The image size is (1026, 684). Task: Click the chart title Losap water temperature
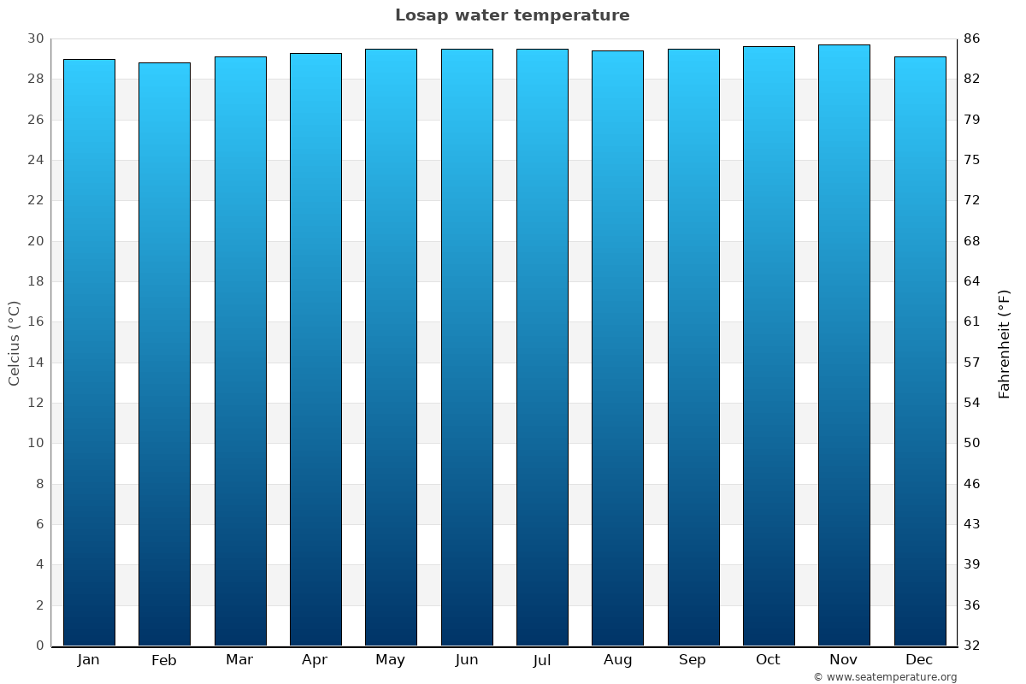click(x=512, y=15)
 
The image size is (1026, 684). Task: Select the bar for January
click(x=89, y=352)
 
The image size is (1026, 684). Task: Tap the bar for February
click(x=164, y=354)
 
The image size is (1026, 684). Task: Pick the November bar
click(x=844, y=345)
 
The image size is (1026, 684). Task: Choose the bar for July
click(x=542, y=347)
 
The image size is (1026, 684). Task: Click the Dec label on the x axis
click(x=919, y=660)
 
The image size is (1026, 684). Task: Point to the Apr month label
click(x=315, y=660)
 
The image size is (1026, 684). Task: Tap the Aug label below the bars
click(x=617, y=660)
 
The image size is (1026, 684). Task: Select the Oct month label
click(x=768, y=660)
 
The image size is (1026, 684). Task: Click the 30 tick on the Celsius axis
click(x=35, y=38)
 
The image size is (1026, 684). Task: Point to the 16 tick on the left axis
click(x=35, y=321)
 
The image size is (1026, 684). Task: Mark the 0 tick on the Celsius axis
click(x=39, y=646)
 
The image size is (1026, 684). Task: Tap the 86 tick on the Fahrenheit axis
click(x=971, y=38)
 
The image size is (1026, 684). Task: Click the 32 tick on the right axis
click(x=971, y=646)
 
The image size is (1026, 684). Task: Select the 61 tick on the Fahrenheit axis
click(x=971, y=321)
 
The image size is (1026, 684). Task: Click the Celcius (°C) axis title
click(x=15, y=343)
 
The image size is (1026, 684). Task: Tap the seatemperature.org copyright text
click(x=884, y=677)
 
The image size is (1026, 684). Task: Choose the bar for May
click(x=391, y=347)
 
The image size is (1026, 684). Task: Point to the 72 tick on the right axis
click(x=971, y=200)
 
